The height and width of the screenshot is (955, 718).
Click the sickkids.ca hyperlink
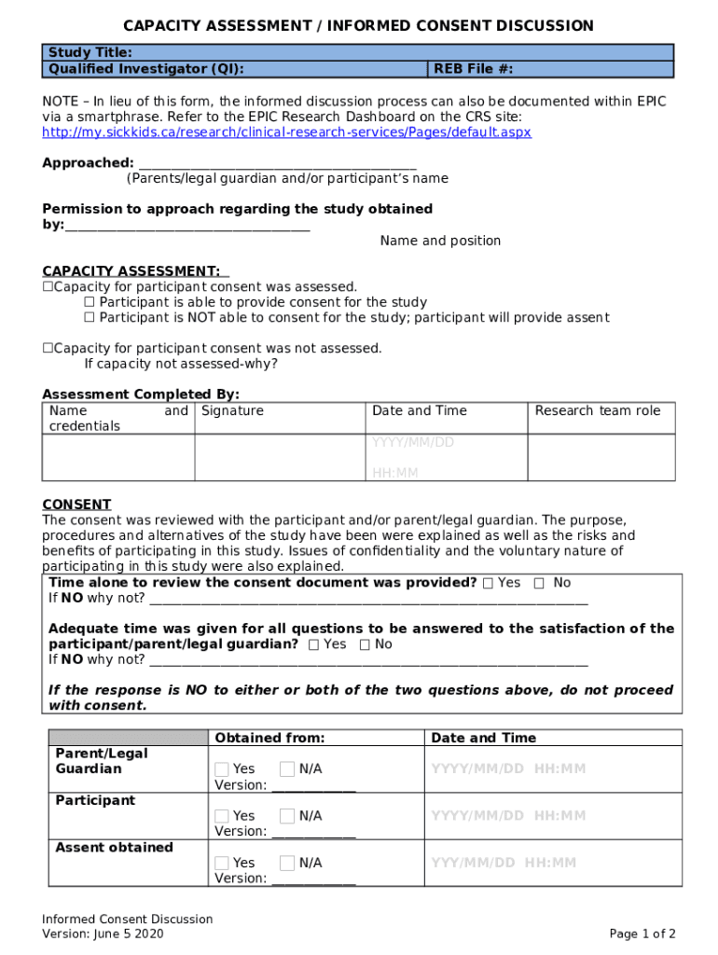286,132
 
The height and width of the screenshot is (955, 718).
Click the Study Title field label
90,52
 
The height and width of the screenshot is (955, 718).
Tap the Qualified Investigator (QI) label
146,69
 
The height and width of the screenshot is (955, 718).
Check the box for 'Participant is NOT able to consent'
90,318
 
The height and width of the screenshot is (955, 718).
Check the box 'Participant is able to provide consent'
90,302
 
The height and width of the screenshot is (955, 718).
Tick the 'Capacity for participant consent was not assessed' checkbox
48,349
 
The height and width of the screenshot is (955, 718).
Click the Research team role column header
597,411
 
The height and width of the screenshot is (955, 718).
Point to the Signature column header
232,411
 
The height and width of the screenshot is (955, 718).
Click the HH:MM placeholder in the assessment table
395,474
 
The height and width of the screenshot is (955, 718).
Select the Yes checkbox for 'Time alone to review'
488,583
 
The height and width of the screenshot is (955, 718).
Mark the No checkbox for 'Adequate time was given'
365,644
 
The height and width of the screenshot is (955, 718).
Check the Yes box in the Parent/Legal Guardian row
221,769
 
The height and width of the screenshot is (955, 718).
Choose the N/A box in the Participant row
287,816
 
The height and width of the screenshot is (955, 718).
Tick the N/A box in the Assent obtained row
287,863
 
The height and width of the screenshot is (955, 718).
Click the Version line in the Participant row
312,832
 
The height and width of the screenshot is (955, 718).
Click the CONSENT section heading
76,505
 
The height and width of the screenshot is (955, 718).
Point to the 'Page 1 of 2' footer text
642,934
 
